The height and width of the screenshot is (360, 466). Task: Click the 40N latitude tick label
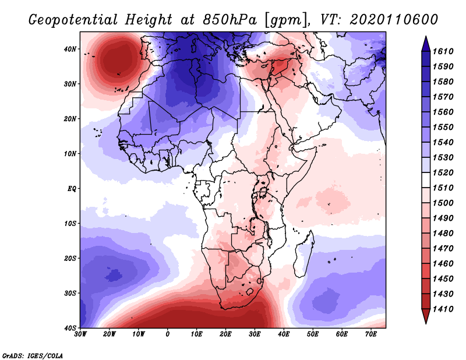pos(70,49)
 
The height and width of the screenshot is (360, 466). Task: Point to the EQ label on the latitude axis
pos(71,189)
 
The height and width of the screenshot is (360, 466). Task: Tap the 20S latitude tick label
pos(70,258)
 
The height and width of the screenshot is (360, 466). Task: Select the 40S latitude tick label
pos(70,328)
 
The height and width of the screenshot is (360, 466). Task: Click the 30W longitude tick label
pos(80,334)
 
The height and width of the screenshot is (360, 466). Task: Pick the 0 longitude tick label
pos(167,334)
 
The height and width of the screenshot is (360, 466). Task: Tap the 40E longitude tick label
pos(284,334)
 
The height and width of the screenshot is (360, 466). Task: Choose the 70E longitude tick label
pos(370,334)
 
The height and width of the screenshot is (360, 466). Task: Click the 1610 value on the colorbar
pos(443,51)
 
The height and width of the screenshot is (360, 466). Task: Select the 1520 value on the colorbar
pos(443,172)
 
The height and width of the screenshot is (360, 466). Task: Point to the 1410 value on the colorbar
pos(443,309)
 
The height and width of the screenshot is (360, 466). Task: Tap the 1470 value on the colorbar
pos(443,249)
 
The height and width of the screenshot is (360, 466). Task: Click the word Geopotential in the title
pos(73,20)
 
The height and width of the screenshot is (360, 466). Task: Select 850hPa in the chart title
pos(230,20)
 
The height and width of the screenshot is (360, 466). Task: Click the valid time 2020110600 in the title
pos(394,20)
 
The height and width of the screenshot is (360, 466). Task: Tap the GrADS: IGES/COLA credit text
pos(33,355)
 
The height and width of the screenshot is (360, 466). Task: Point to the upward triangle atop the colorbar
pos(426,44)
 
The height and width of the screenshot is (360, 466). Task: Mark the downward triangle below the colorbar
pos(426,316)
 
